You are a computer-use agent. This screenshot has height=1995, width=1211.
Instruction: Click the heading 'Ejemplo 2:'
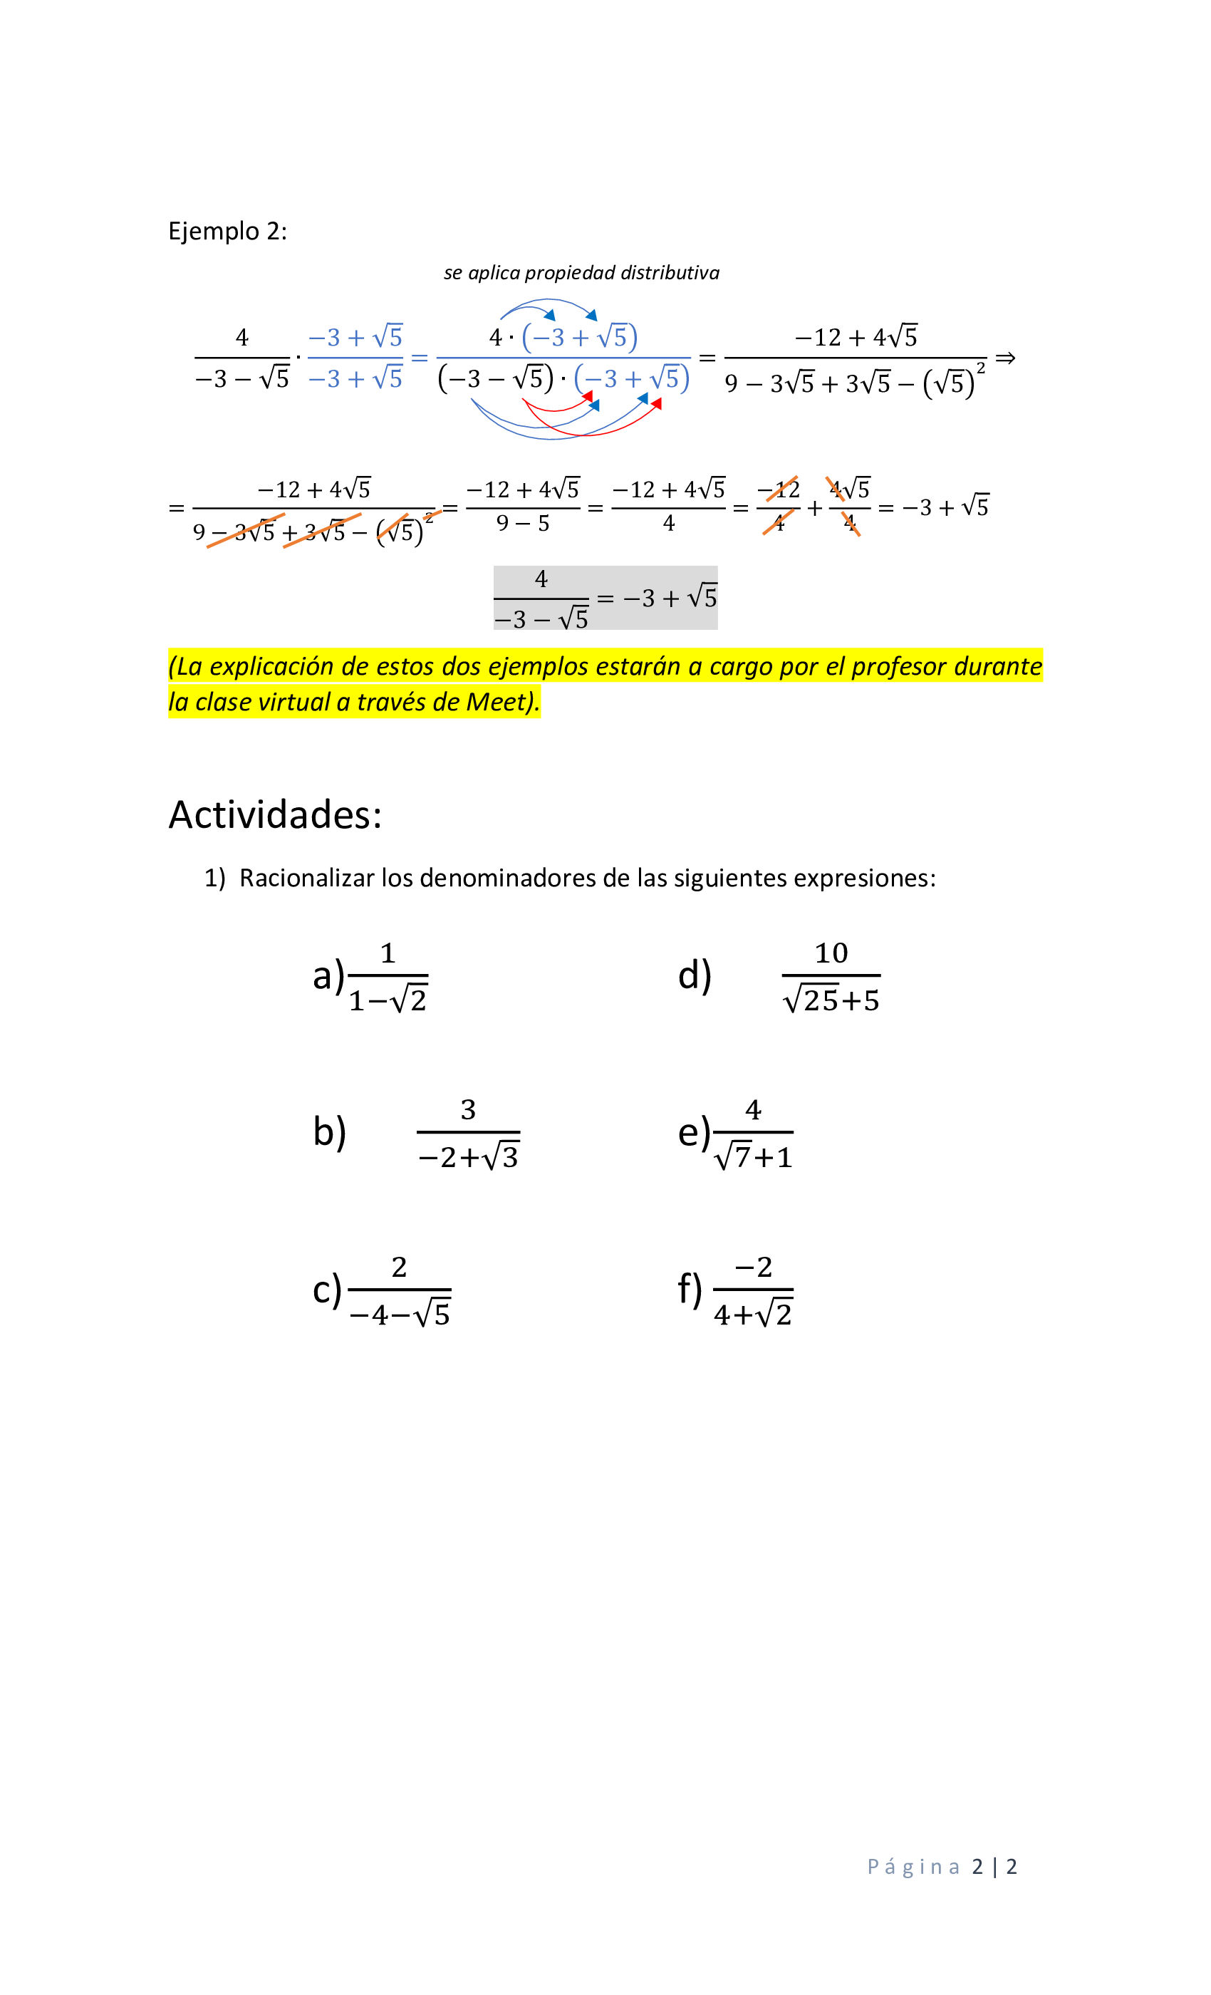click(227, 232)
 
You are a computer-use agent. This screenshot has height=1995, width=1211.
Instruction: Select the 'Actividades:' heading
click(274, 814)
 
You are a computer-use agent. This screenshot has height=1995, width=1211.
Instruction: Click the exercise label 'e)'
click(694, 1132)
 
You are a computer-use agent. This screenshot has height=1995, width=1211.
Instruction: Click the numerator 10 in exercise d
click(831, 953)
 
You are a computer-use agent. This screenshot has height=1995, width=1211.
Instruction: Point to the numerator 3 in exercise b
click(468, 1110)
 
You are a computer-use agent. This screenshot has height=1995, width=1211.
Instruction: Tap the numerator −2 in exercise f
click(753, 1267)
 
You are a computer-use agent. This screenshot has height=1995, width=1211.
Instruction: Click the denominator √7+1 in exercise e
click(754, 1157)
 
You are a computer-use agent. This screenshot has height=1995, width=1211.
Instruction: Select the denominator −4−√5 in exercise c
click(400, 1314)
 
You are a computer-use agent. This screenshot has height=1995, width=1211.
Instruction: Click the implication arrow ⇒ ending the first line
click(1004, 358)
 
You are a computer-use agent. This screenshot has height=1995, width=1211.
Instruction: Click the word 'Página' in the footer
click(913, 1867)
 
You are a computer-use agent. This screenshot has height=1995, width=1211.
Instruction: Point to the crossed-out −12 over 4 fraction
click(779, 507)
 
